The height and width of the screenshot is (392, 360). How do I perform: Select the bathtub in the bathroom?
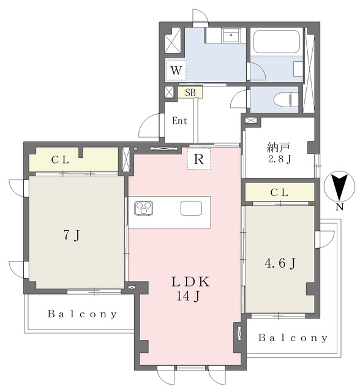click(x=277, y=41)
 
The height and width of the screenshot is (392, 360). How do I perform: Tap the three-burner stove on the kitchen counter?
click(x=144, y=208)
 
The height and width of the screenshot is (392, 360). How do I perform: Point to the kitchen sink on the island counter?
click(x=191, y=208)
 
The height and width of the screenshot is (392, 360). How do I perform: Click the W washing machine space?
click(x=176, y=70)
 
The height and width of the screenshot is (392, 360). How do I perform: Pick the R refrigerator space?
click(x=199, y=159)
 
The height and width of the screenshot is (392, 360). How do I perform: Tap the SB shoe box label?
click(x=190, y=92)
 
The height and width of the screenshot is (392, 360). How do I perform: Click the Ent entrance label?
click(x=179, y=121)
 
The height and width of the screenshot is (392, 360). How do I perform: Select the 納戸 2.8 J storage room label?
click(x=279, y=153)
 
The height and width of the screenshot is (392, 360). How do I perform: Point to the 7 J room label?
click(x=72, y=235)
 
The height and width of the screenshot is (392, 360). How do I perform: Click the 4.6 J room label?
click(x=280, y=263)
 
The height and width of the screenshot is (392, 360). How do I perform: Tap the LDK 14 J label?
click(x=190, y=289)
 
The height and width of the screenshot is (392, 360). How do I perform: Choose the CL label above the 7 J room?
click(x=60, y=160)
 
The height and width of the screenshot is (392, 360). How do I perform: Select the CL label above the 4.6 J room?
click(x=280, y=192)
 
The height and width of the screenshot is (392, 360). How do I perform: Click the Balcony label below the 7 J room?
click(x=82, y=314)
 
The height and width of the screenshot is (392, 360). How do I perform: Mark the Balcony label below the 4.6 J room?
click(x=293, y=338)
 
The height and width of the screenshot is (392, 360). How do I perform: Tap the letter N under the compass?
click(x=339, y=207)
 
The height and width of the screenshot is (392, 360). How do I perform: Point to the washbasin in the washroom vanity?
click(x=231, y=36)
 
